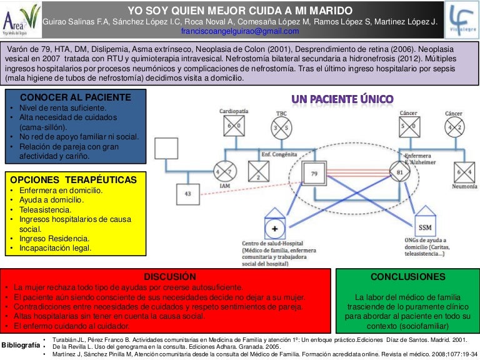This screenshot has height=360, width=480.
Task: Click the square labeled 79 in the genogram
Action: point(314,172)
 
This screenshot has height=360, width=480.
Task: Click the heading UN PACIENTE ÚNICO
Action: point(342,99)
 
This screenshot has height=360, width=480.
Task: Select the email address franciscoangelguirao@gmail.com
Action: point(240,31)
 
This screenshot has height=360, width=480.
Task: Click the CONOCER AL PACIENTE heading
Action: point(76,97)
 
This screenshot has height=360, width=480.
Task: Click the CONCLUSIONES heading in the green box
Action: point(408,276)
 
